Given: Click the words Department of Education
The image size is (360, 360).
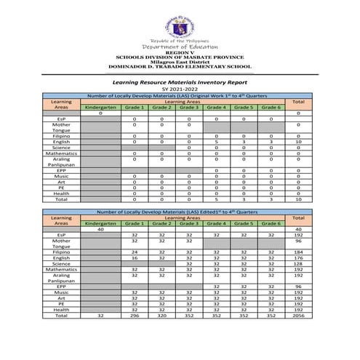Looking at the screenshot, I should [180, 47].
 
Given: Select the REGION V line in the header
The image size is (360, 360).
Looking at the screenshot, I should [180, 52].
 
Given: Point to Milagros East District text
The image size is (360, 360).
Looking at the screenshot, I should [180, 63].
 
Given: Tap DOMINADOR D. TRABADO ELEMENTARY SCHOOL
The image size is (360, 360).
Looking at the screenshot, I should [180, 68].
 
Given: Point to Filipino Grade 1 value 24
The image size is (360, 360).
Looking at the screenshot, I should [134, 252].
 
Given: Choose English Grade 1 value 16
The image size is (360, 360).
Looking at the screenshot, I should [134, 258].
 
